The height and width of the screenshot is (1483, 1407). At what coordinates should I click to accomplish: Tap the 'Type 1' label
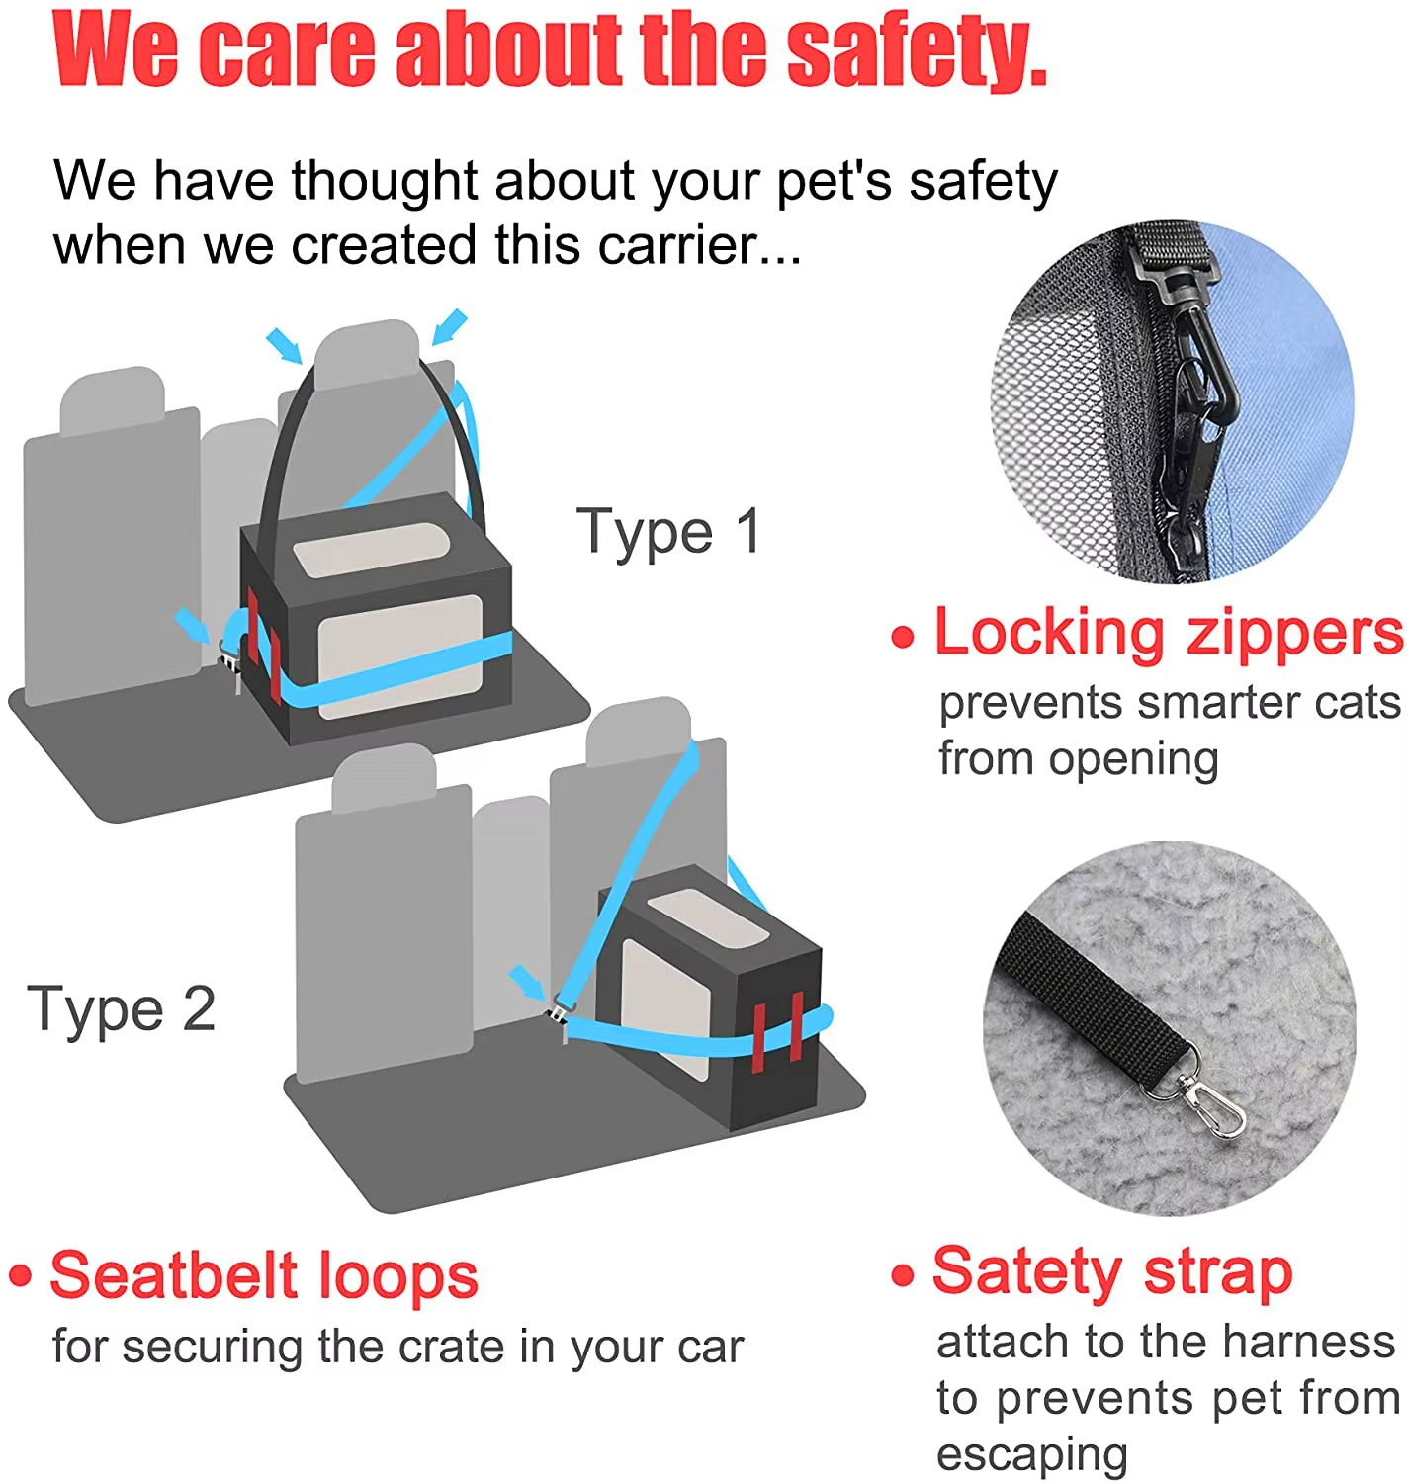(x=668, y=532)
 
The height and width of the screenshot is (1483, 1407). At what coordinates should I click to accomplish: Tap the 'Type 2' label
(x=121, y=1009)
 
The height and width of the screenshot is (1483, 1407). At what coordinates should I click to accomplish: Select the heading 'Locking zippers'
(x=1168, y=633)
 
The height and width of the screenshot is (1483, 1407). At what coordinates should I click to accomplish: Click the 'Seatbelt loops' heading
(x=264, y=1275)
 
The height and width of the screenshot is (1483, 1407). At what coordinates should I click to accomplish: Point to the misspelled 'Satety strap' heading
(x=1112, y=1271)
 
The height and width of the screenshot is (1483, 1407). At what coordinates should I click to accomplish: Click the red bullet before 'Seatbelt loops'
(x=20, y=1275)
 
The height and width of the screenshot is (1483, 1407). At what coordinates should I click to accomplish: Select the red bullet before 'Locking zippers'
(x=902, y=637)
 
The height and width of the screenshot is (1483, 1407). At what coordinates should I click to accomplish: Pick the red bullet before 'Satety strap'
(x=902, y=1275)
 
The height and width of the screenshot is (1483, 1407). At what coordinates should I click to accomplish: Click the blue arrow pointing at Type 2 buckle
(x=526, y=982)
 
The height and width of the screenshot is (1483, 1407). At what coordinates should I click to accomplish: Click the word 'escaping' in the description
(x=1031, y=1454)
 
